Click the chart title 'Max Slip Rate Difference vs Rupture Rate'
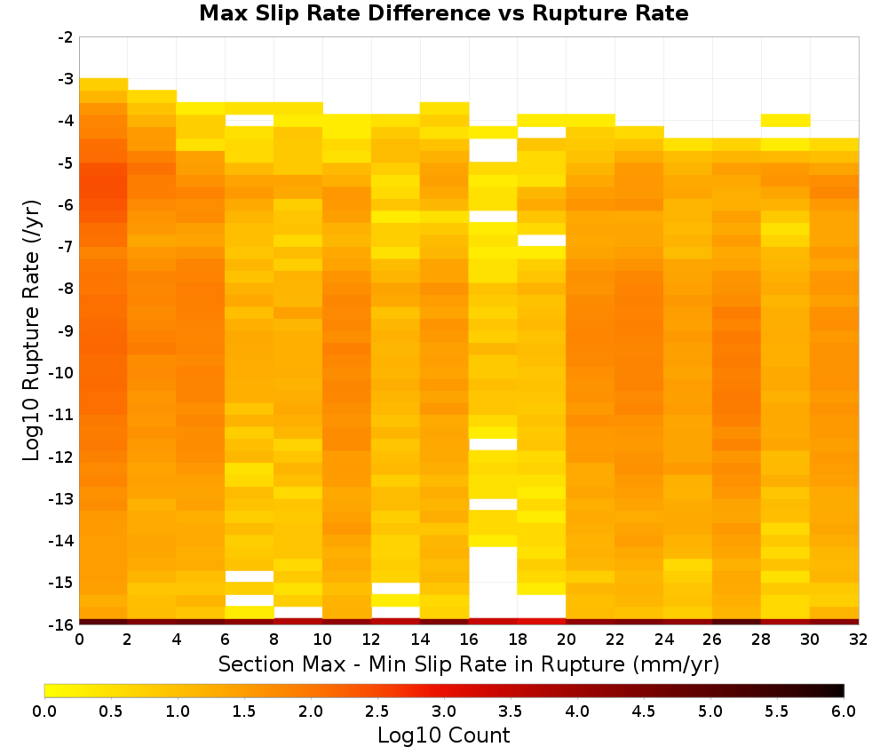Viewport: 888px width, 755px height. (443, 13)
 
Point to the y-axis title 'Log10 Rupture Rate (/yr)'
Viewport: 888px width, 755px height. (32, 330)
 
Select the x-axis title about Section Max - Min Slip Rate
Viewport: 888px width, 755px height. (469, 664)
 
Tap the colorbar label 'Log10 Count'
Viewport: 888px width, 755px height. (443, 735)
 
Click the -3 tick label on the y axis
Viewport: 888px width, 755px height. (66, 79)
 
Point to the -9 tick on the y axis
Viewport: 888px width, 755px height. (66, 330)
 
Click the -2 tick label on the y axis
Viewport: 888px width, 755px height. (66, 37)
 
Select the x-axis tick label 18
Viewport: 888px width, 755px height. (518, 640)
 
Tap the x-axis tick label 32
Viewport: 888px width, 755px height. (859, 640)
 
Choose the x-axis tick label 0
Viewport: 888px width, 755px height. (79, 640)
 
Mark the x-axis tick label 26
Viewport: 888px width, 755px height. (712, 640)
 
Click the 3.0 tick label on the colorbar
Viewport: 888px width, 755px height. (444, 711)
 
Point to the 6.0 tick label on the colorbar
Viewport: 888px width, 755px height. (844, 711)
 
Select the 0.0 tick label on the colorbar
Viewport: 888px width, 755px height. (44, 711)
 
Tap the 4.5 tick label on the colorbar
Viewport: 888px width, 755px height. (643, 711)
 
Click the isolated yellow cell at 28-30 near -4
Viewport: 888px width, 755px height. (786, 120)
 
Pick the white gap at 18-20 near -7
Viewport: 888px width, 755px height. (542, 240)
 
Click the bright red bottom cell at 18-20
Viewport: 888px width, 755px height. (542, 622)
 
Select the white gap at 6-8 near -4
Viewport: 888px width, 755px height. (250, 120)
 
